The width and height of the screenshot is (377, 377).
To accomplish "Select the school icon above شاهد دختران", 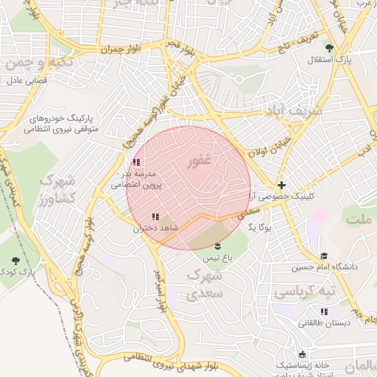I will pyautogui.click(x=155, y=216).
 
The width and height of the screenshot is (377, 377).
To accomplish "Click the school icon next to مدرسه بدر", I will pyautogui.click(x=135, y=162).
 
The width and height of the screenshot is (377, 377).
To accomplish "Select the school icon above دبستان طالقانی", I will pyautogui.click(x=325, y=311).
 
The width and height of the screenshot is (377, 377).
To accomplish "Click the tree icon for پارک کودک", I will pyautogui.click(x=16, y=261).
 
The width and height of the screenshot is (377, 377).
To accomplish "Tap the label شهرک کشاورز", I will pyautogui.click(x=57, y=189).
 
